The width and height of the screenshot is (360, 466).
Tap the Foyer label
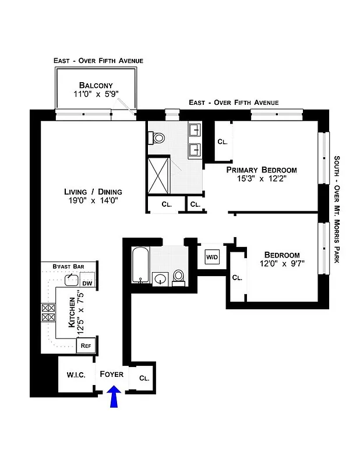111,374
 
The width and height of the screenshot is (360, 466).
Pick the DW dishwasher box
87,284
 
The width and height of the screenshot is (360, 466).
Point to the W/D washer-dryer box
211,256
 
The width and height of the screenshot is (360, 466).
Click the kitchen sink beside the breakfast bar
72,280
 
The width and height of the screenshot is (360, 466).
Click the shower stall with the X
157,175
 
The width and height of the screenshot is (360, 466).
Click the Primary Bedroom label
261,170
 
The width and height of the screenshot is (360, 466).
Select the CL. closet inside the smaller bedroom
237,278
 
